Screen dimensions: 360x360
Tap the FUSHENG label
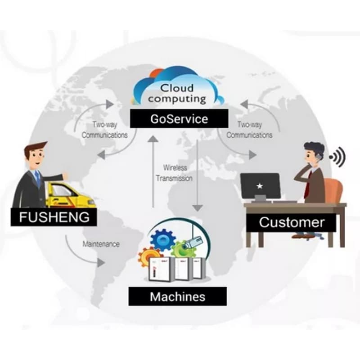pyautogui.click(x=54, y=217)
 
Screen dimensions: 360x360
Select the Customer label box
pyautogui.click(x=291, y=222)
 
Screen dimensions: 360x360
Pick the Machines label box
pyautogui.click(x=177, y=297)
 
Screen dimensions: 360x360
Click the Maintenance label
pyautogui.click(x=101, y=244)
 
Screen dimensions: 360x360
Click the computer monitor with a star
pyautogui.click(x=260, y=185)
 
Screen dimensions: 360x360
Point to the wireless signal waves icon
pyautogui.click(x=337, y=157)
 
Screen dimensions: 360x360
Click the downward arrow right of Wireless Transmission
pyautogui.click(x=197, y=175)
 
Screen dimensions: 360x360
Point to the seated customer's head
pyautogui.click(x=313, y=153)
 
